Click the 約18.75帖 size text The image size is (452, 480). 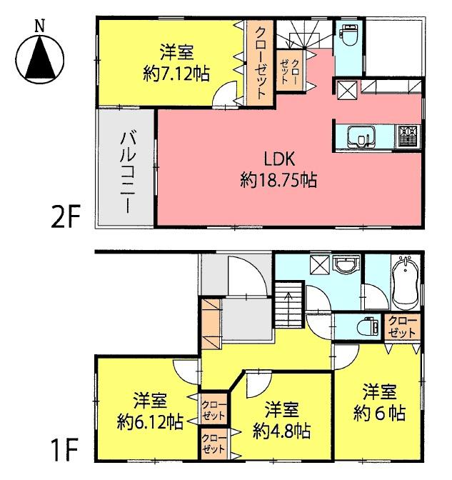click(x=278, y=180)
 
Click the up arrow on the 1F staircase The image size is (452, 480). click(x=288, y=292)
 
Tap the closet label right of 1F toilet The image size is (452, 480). click(x=403, y=326)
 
